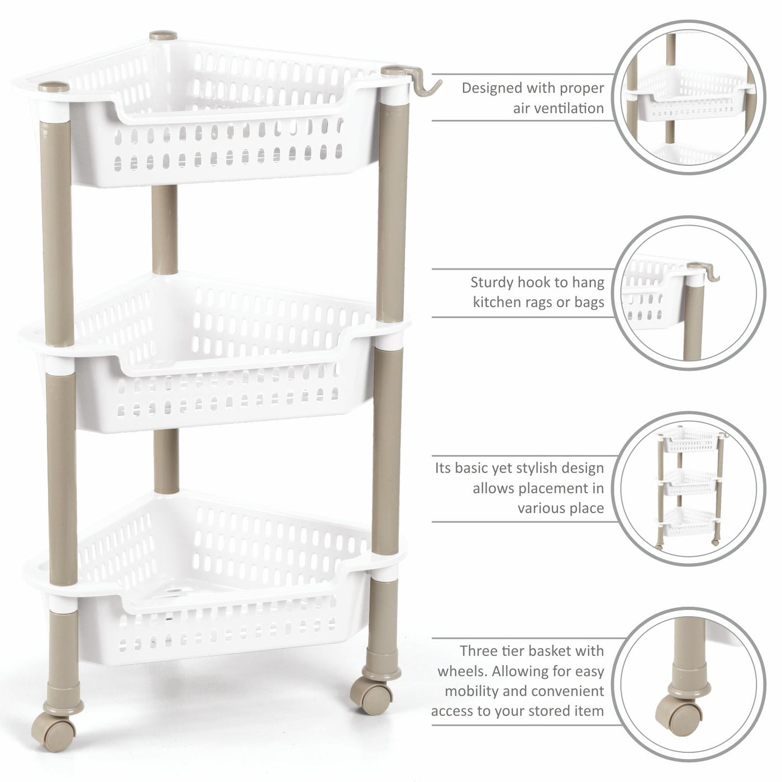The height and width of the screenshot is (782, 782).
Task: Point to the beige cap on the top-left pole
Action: coord(54,87)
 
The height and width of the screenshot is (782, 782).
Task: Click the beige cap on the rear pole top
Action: coord(163,35)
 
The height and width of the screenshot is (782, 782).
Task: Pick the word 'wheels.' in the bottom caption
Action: coord(462,671)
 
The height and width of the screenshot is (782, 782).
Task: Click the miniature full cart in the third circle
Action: coord(690,487)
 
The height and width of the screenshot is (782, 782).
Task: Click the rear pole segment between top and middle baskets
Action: coord(164,229)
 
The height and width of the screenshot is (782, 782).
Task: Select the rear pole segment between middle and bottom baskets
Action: coord(166,461)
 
